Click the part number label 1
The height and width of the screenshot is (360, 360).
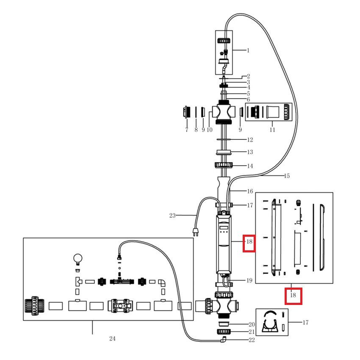[248, 50]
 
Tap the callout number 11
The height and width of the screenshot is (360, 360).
[272, 130]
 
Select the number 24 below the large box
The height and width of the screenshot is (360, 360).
[112, 338]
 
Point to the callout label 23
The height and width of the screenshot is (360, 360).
[172, 216]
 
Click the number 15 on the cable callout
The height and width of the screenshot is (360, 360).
[287, 176]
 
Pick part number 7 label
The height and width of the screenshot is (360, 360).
[186, 130]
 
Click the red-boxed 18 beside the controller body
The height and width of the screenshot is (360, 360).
[249, 243]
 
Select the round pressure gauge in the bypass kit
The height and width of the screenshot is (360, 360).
[78, 258]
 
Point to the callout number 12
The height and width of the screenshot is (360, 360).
[250, 140]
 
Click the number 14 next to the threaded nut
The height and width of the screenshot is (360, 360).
[250, 166]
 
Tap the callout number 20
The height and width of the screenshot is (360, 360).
[252, 324]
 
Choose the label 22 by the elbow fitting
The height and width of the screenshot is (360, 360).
[252, 340]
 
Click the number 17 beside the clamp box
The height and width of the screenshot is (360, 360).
[305, 323]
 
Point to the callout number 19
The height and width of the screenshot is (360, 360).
[249, 280]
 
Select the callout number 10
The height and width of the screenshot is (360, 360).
[209, 130]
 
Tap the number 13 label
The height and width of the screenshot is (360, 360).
[250, 152]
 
